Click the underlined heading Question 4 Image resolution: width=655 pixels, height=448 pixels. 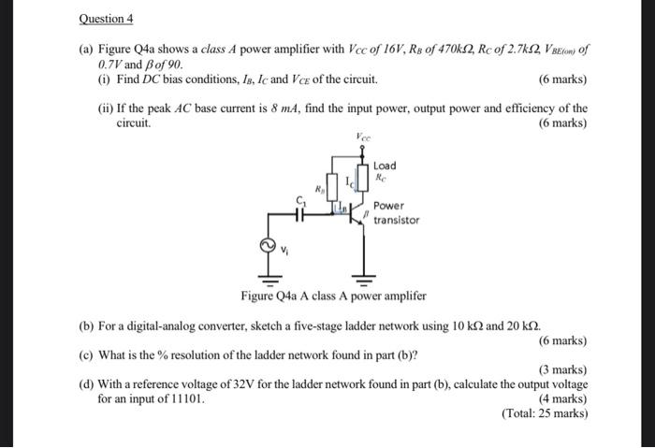(108, 19)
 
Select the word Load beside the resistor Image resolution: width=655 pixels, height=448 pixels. (385, 166)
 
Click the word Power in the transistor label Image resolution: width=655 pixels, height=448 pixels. (388, 206)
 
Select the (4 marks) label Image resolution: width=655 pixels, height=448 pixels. (562, 398)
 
